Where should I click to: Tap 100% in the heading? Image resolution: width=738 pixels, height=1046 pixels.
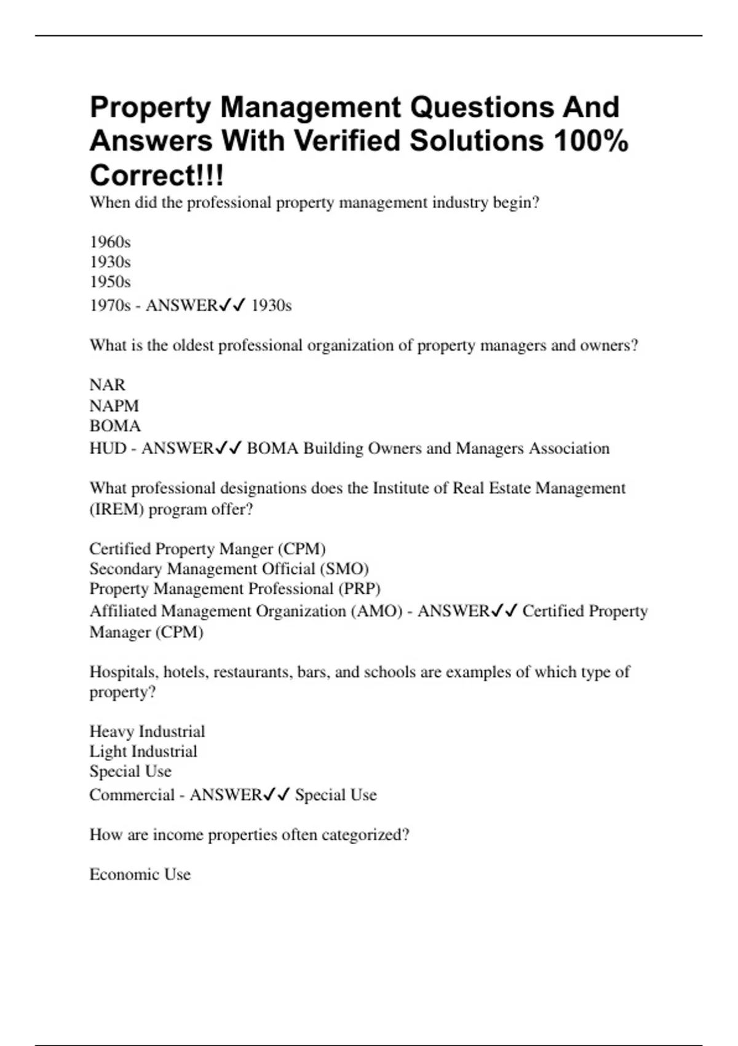click(590, 141)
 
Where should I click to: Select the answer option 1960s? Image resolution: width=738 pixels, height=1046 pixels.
click(110, 242)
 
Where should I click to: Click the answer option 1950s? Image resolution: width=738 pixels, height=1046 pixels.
click(110, 282)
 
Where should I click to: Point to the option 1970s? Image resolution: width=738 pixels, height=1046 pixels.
click(110, 305)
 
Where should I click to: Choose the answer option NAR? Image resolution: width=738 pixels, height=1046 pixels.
click(107, 385)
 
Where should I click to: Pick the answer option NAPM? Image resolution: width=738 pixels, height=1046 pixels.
click(114, 406)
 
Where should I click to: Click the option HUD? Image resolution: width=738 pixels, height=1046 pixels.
click(108, 449)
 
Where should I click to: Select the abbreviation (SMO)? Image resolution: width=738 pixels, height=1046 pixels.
click(344, 569)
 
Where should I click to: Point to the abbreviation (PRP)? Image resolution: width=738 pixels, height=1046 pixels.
click(359, 589)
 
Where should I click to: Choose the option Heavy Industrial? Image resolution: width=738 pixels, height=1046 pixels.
click(147, 732)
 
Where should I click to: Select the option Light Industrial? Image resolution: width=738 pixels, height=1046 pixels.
click(143, 751)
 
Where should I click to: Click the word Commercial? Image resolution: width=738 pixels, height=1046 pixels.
click(132, 795)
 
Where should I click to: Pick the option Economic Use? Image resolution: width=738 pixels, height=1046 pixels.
click(140, 874)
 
